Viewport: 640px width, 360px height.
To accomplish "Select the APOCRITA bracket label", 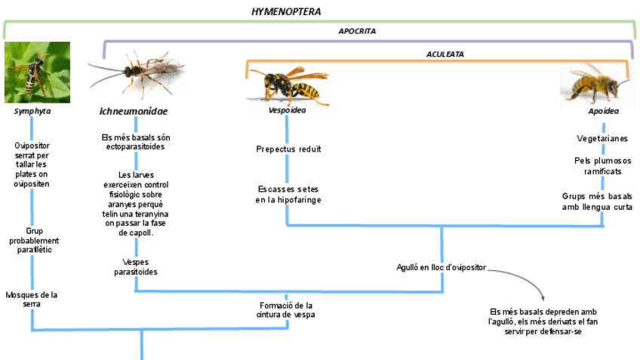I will [357, 31].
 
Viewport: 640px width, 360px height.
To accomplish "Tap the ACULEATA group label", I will [445, 54].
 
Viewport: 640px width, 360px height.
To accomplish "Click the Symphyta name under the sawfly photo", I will [32, 111].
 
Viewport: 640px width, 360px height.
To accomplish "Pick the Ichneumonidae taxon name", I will [134, 111].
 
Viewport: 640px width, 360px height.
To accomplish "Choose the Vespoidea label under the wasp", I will [288, 110].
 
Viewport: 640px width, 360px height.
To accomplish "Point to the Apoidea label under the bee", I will [603, 110].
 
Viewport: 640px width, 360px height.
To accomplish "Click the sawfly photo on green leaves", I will [37, 72].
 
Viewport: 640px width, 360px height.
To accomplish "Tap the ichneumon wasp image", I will [136, 74].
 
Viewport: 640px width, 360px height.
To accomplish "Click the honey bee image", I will [595, 82].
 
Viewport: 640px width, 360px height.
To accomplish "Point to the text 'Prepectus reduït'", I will [288, 149].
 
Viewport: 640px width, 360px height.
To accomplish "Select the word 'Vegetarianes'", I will [602, 138].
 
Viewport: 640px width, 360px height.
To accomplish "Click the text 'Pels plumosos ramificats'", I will [602, 165].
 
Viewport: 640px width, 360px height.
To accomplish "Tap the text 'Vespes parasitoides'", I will [136, 266].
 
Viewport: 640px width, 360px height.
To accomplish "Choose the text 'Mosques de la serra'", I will [31, 299].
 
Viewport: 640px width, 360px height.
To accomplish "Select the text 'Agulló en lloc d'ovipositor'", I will [442, 267].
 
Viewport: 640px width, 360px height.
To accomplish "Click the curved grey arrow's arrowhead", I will [541, 297].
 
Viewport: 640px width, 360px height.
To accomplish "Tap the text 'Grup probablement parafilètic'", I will [32, 240].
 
